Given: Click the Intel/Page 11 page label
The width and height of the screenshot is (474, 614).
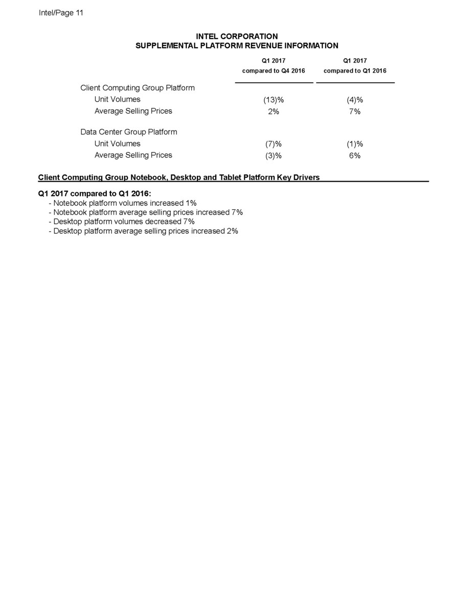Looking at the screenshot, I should (x=61, y=13).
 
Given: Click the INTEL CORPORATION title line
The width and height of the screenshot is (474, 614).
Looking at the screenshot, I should (x=237, y=36).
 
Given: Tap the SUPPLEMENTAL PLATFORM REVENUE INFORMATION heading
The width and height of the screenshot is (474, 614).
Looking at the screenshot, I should (x=237, y=46).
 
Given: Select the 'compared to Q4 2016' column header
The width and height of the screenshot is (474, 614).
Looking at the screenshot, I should (x=274, y=70).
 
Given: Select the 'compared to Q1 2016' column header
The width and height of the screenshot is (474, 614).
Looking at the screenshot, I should (x=355, y=70).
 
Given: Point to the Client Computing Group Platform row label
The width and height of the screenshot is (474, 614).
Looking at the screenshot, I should (x=138, y=87).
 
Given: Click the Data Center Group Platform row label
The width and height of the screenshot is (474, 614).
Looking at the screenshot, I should (x=129, y=132).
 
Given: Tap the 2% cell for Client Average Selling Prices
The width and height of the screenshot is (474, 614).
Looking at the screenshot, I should (x=274, y=112).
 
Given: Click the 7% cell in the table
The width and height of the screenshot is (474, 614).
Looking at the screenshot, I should (x=355, y=112).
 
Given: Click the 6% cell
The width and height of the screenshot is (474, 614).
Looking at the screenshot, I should (x=355, y=156).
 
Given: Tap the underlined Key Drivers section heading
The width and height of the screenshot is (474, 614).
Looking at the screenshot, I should (x=179, y=178).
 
